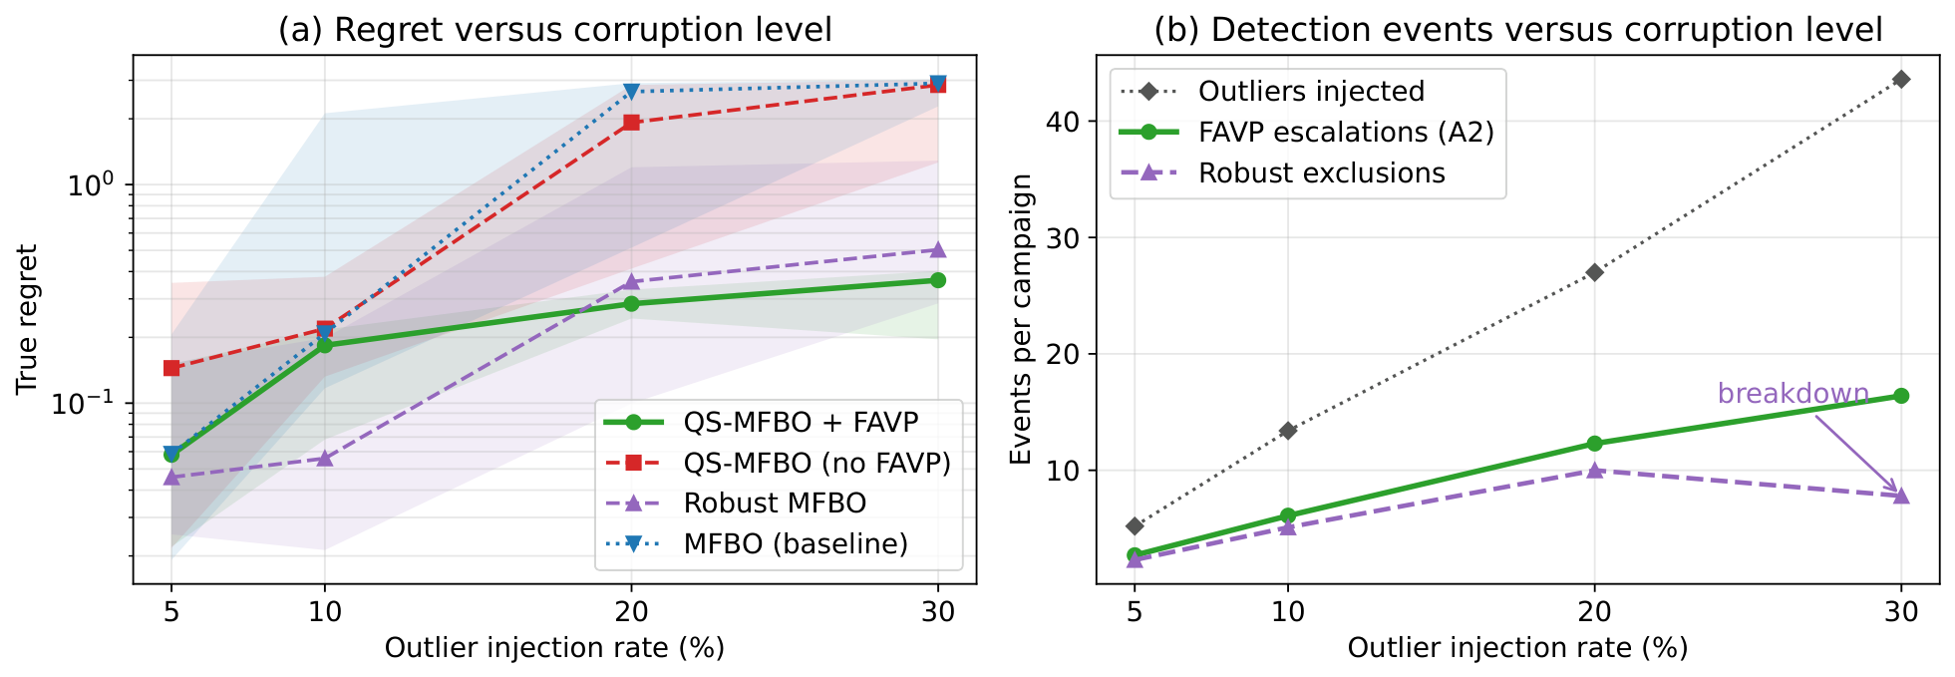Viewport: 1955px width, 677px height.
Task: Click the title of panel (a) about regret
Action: (x=554, y=30)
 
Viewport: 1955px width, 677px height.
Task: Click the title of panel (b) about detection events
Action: (x=1517, y=30)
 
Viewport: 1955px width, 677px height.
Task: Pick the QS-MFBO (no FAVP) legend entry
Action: (x=778, y=463)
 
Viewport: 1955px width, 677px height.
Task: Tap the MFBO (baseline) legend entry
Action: (x=757, y=543)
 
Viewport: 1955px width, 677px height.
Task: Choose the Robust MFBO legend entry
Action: (x=736, y=504)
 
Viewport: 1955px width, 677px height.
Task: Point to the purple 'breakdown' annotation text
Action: (x=1792, y=394)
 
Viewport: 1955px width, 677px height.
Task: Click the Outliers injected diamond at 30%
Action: (x=1901, y=79)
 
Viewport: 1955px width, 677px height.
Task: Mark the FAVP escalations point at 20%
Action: (x=1594, y=444)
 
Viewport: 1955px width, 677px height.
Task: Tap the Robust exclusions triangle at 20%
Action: (x=1594, y=470)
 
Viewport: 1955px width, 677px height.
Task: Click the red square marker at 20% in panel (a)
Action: (x=631, y=123)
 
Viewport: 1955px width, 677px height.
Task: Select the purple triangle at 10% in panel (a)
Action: (x=324, y=458)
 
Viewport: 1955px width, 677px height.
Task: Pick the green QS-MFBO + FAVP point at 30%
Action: (x=938, y=280)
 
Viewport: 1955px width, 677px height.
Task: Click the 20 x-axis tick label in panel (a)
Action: (x=631, y=611)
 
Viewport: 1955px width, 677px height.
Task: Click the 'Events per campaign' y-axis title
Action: (x=1021, y=319)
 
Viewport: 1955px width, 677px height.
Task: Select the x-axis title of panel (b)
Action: (x=1517, y=648)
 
